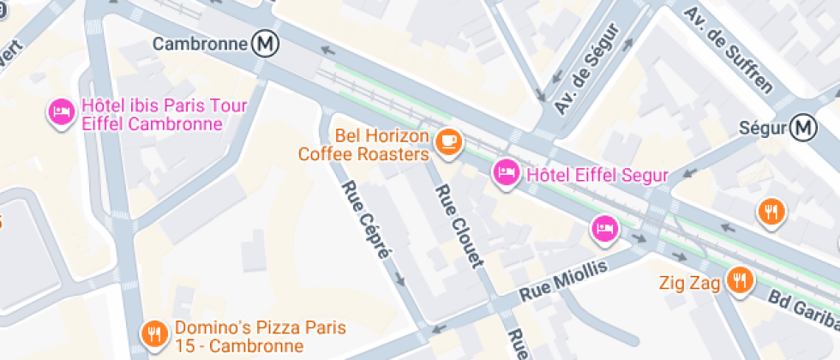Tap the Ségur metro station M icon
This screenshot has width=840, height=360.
[804, 128]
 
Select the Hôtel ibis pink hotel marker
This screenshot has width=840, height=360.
[61, 112]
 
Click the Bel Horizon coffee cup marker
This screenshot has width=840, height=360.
[447, 141]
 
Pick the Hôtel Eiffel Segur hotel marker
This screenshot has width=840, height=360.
[506, 174]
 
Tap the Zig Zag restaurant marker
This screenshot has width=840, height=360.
[738, 279]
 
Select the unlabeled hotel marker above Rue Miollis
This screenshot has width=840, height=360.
[604, 228]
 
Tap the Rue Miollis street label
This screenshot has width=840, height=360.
[563, 281]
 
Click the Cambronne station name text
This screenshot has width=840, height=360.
[199, 43]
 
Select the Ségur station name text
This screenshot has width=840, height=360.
[762, 129]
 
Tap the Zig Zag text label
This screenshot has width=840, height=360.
[690, 281]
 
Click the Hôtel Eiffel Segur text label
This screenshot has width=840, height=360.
[597, 176]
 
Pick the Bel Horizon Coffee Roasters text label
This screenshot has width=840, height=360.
[363, 145]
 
